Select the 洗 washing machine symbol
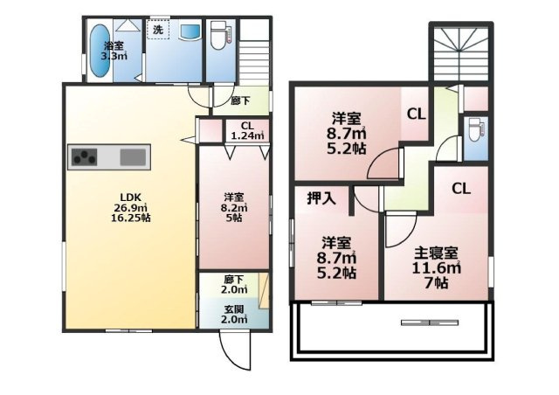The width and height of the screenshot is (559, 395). point(157,30)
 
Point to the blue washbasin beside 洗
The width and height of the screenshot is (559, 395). point(190,31)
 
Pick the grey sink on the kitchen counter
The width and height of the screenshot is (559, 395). point(133,157)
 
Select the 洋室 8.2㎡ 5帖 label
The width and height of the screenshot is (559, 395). point(234,207)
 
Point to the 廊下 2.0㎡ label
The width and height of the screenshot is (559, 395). point(231,285)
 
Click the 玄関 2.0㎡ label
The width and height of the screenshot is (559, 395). point(234,313)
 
